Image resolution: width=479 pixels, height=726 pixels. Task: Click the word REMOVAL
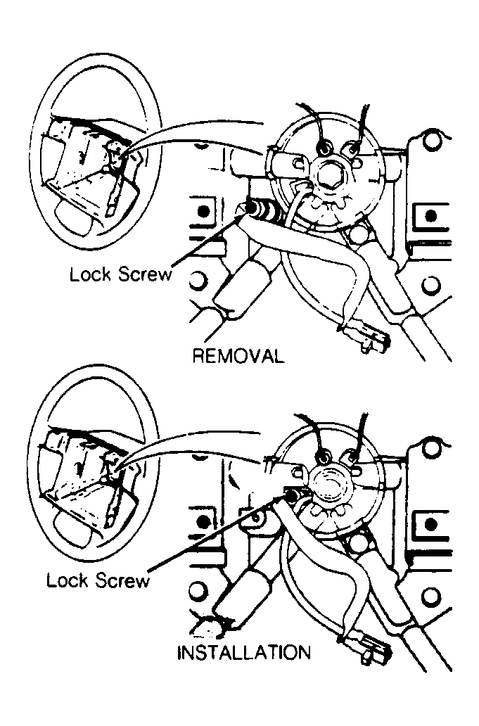coord(238,356)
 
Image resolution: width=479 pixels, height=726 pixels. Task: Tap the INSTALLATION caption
coord(244,652)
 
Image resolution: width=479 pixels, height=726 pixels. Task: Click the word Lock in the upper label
coord(90,274)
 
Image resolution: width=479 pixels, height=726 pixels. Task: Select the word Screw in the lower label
coord(125,580)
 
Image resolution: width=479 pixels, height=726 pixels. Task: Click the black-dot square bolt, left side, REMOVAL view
coord(203,212)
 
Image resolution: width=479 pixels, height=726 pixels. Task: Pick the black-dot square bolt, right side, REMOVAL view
coord(431,215)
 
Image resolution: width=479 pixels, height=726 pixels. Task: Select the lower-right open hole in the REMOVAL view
coord(431,283)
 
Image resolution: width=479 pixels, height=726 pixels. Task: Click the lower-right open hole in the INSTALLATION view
coord(431,591)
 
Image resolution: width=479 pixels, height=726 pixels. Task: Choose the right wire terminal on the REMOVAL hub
coord(352,149)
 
